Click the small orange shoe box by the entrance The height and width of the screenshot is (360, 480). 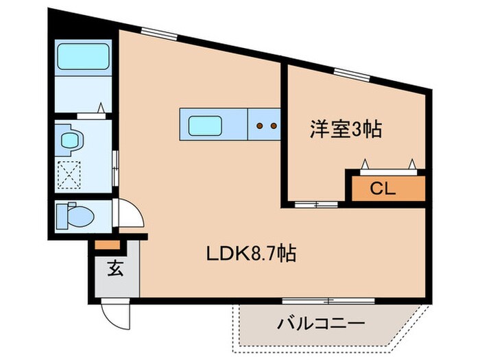(x=106, y=245)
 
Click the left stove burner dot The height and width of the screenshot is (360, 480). (x=260, y=126)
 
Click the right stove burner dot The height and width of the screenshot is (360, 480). (x=272, y=126)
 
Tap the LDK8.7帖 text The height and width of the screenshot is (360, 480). (x=252, y=254)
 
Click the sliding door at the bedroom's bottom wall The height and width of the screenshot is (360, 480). (x=315, y=204)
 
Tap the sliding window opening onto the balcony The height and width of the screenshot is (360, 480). (x=328, y=300)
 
